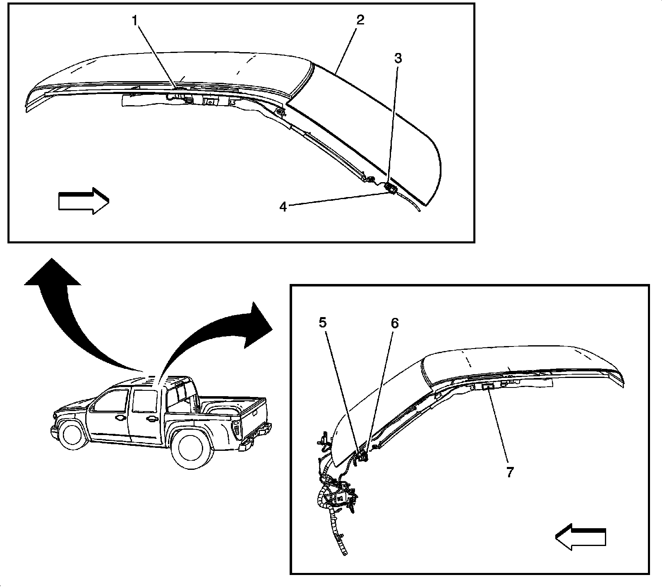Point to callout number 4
click(283, 207)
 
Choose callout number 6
click(394, 323)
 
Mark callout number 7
click(510, 472)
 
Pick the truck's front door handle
click(120, 419)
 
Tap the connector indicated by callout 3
click(390, 188)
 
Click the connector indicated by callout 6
click(364, 457)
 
